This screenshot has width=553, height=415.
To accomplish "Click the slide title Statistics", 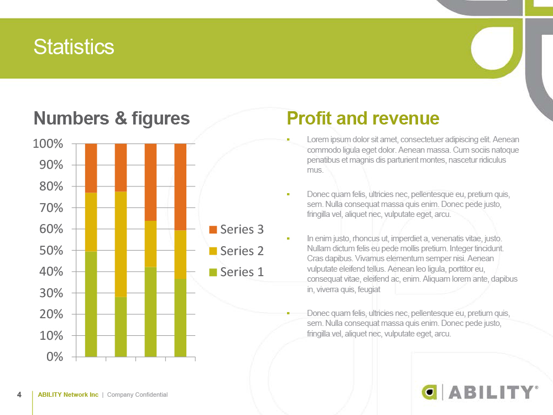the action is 74,47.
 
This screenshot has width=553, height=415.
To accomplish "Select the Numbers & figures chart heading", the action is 112,118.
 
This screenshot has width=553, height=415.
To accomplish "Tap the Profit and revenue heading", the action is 363,118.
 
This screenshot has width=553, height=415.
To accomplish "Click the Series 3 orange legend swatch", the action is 213,230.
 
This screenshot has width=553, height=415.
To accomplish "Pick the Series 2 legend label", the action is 242,251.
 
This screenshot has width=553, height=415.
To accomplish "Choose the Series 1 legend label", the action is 242,272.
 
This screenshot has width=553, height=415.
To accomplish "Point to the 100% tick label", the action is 48,144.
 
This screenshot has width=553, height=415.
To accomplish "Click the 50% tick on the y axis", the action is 51,251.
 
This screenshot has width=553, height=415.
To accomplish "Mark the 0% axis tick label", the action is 55,357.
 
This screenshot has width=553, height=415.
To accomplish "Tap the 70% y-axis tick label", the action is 51,208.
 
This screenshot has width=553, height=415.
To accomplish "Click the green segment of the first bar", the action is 91,304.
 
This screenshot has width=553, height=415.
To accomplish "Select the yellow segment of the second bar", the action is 121,244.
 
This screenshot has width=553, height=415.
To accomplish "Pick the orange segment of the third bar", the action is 150,182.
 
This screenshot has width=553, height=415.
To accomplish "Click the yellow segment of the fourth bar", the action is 180,255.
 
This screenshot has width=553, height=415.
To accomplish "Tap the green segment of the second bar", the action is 121,327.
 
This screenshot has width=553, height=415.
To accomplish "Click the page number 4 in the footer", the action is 19,395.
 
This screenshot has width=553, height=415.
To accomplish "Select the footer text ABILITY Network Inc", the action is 68,395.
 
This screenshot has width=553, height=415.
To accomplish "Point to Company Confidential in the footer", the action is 138,395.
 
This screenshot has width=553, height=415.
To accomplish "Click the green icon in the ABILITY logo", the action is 429,392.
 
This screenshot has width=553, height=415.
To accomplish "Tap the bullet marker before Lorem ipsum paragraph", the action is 288,140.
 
